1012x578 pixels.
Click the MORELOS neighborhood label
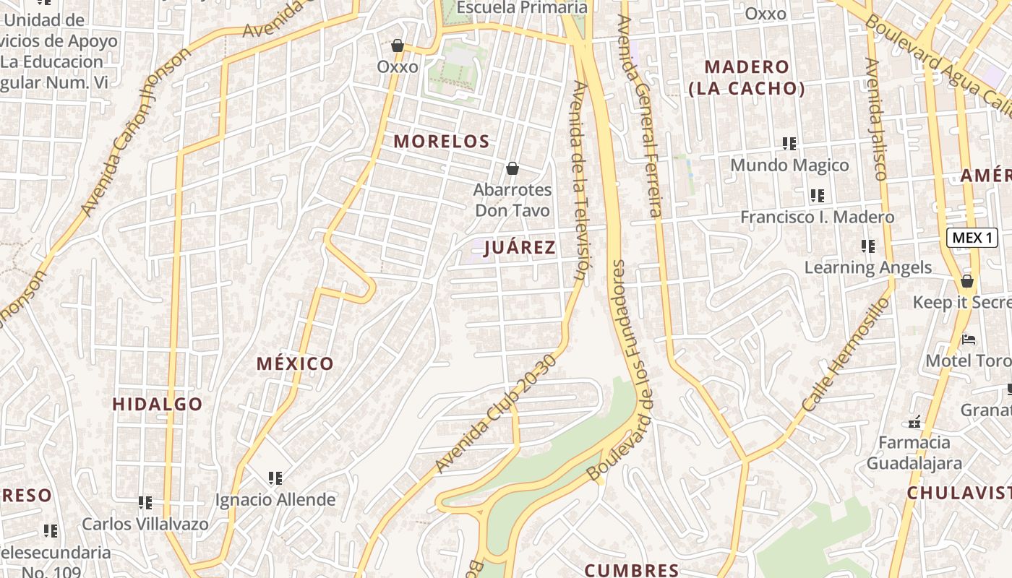[x=442, y=141]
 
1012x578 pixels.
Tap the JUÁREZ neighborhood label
[x=520, y=247]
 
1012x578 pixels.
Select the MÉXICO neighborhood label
[x=295, y=363]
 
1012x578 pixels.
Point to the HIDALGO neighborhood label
[x=158, y=404]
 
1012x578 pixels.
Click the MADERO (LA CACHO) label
[x=747, y=77]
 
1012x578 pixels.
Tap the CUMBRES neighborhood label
[x=632, y=570]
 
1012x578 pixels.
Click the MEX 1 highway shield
[x=972, y=238]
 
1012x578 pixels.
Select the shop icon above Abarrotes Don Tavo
[x=513, y=168]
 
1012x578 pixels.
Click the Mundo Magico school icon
[x=789, y=144]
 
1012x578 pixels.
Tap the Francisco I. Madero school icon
[x=818, y=196]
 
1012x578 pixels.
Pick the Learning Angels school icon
[x=868, y=246]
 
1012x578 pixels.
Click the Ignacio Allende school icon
[x=275, y=478]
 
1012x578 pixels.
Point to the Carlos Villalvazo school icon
[x=145, y=502]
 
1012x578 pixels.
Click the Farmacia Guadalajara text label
[x=914, y=452]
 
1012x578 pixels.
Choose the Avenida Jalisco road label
[x=875, y=119]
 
